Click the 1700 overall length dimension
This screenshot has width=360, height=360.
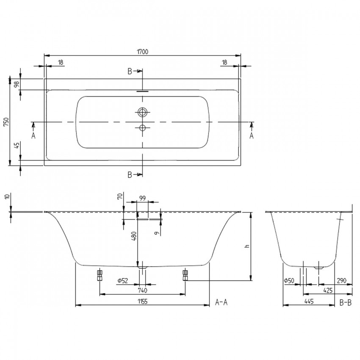[x=143, y=52]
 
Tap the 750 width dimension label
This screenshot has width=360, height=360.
[x=6, y=122]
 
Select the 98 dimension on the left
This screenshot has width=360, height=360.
[x=17, y=84]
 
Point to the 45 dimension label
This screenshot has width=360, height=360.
[x=17, y=145]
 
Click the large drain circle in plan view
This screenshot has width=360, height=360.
[x=143, y=112]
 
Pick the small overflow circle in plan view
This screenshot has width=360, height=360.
[x=143, y=127]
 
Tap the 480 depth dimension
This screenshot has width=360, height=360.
[x=134, y=236]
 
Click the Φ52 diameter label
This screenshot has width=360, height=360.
[x=122, y=280]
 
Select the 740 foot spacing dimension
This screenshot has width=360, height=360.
[x=142, y=291]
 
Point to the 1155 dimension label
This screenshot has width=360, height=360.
[x=142, y=302]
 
